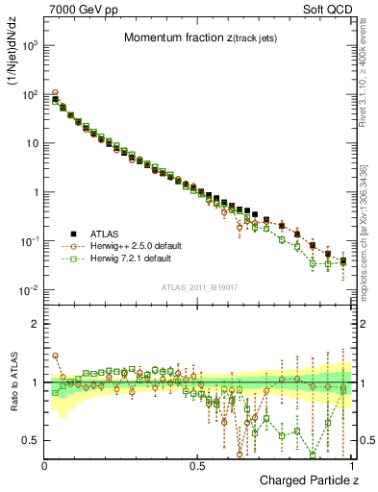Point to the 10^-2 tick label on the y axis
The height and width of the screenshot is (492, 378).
[30, 290]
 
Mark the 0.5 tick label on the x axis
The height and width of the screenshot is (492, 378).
[197, 464]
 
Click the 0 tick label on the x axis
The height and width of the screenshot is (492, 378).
[45, 464]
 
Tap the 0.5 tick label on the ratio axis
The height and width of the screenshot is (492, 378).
[33, 440]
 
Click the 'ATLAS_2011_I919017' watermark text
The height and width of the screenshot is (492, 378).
[197, 285]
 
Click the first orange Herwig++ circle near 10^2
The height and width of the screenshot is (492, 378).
[55, 93]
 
